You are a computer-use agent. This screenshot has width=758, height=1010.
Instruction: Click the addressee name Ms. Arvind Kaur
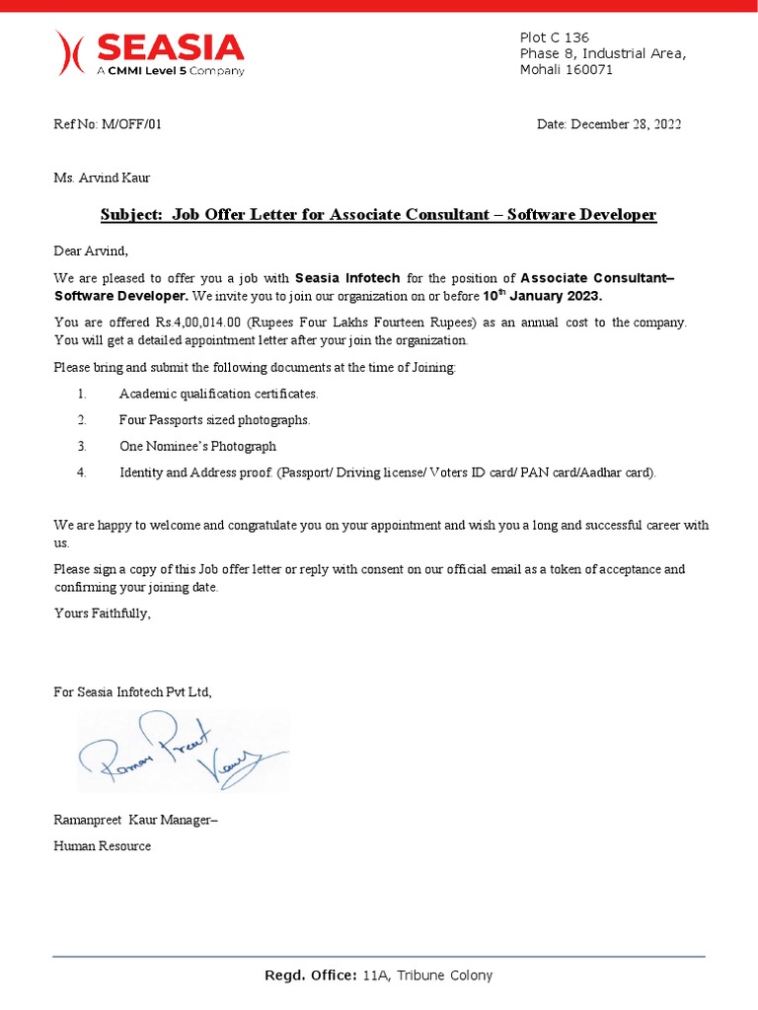(x=102, y=178)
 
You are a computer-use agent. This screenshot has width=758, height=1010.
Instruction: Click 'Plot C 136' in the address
(x=554, y=37)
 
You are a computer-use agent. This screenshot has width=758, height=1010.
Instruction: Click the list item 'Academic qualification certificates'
(x=218, y=394)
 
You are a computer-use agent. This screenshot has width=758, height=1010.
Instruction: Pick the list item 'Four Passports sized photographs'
(x=214, y=420)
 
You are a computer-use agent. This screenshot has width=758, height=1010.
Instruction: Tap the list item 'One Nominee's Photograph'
(x=197, y=446)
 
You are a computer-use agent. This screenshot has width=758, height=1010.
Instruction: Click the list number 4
(x=82, y=472)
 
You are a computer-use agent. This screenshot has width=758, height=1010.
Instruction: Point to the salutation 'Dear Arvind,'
(x=91, y=251)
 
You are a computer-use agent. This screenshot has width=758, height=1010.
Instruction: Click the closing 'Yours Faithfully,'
(x=103, y=613)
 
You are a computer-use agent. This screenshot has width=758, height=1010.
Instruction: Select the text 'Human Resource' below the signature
(x=102, y=845)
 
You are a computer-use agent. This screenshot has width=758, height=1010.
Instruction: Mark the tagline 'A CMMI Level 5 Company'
(x=170, y=71)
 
